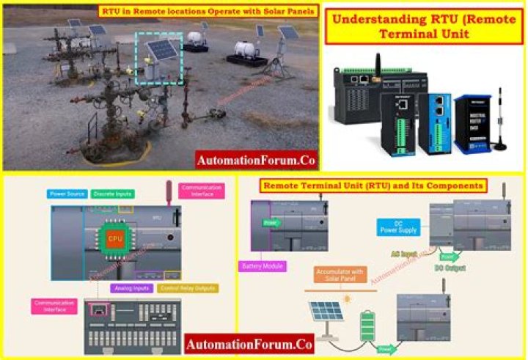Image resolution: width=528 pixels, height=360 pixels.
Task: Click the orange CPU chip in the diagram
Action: point(115,238)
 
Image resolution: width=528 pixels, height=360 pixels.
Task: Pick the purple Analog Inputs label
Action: point(130,288)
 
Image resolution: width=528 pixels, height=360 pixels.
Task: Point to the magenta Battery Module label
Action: point(263,266)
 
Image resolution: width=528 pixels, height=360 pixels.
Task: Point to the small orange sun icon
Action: point(348,299)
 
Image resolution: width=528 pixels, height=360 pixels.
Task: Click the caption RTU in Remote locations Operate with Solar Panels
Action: point(208,11)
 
